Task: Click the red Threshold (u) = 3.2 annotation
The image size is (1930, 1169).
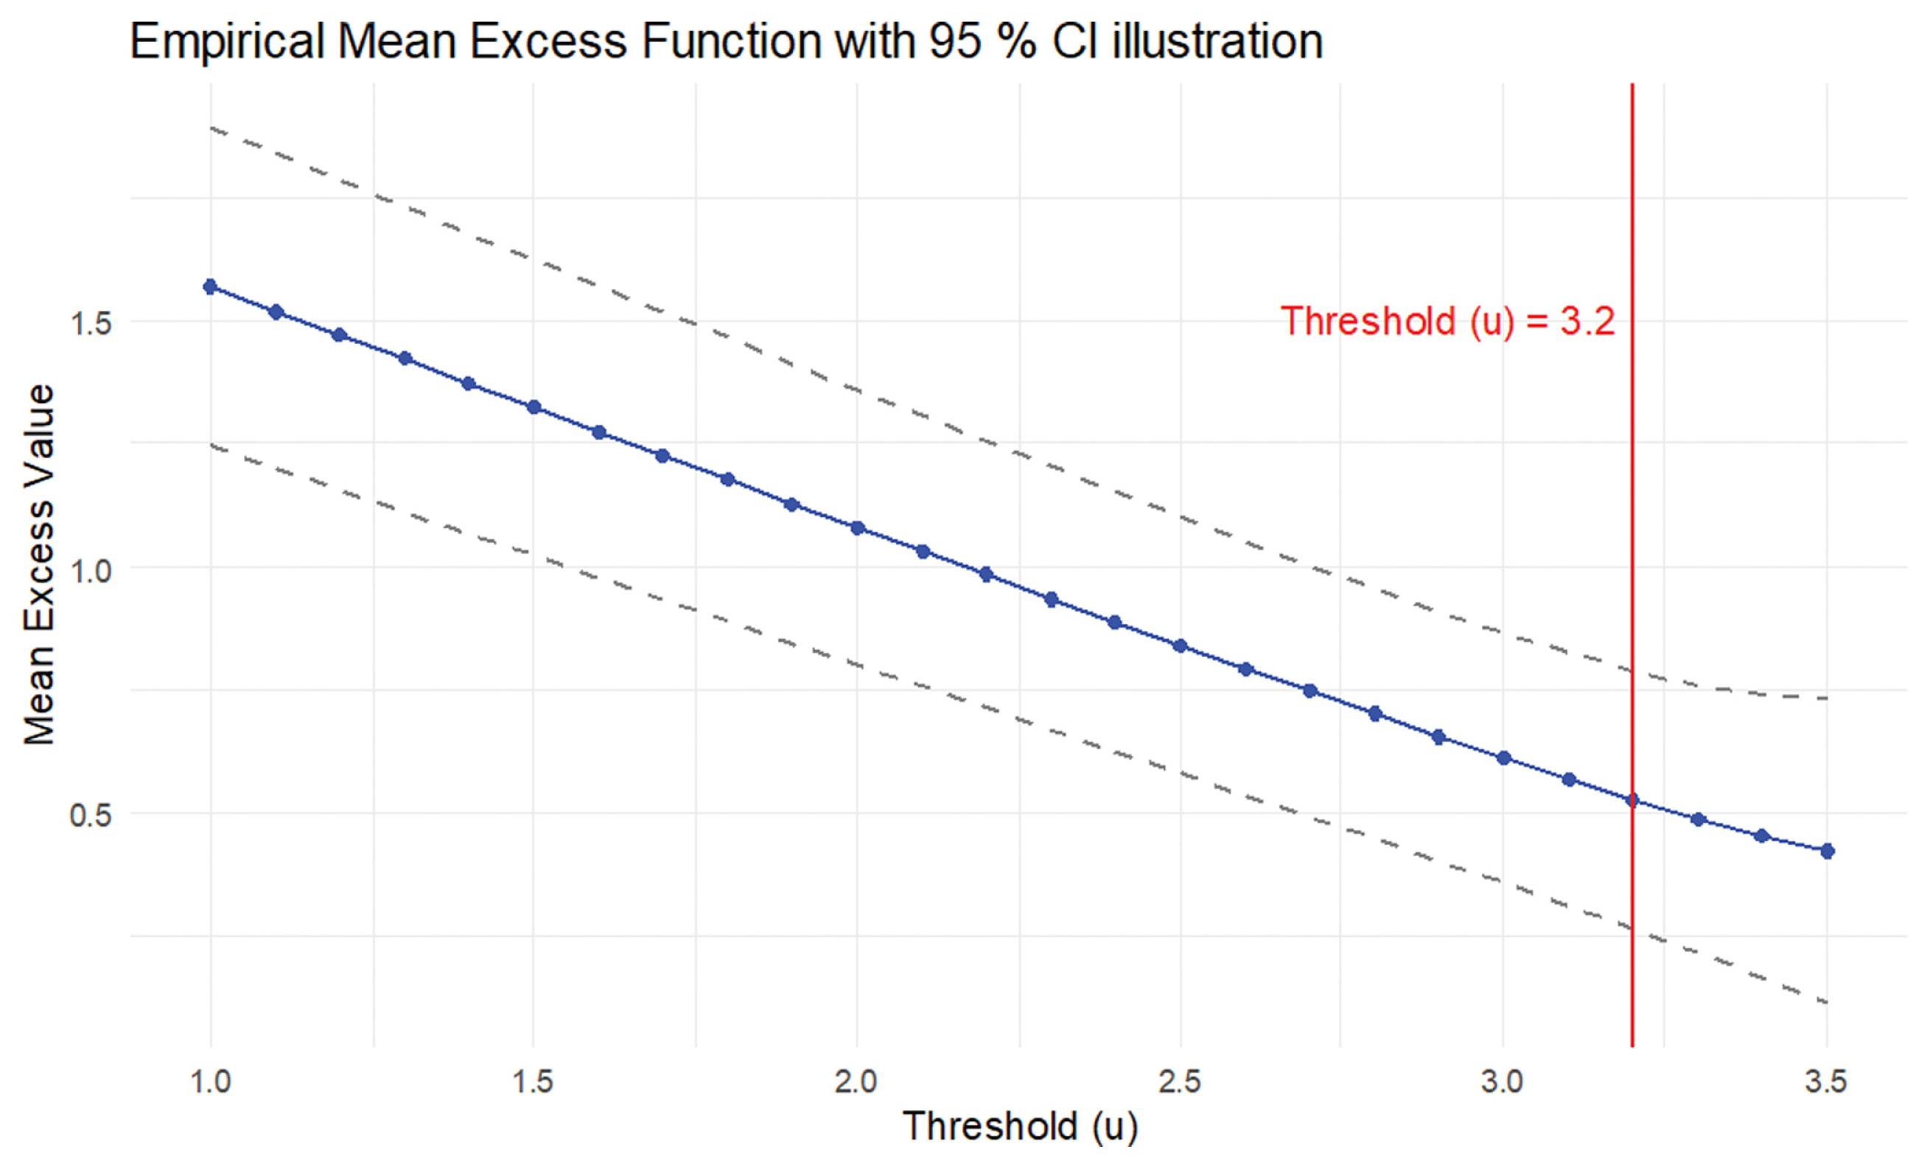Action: [1447, 322]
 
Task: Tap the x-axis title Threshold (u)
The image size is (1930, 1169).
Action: [1020, 1127]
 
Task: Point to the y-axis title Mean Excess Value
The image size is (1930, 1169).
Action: [39, 564]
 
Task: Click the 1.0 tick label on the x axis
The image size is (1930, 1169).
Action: [210, 1082]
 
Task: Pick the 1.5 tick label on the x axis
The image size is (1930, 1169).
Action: [534, 1082]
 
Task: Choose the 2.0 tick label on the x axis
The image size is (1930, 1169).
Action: [856, 1082]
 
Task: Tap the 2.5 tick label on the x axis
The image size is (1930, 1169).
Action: [1180, 1082]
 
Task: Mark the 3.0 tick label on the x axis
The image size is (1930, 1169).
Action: [1503, 1082]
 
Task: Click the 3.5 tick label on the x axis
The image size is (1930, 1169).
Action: [1826, 1082]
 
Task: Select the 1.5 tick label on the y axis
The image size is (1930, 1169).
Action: [91, 323]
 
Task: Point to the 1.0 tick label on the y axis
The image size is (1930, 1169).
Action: [91, 570]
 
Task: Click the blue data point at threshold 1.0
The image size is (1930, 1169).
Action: [210, 287]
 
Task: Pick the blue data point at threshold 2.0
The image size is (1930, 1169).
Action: [858, 528]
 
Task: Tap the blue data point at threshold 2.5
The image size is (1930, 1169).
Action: [1181, 646]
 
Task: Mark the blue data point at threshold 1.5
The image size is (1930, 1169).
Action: [534, 407]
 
